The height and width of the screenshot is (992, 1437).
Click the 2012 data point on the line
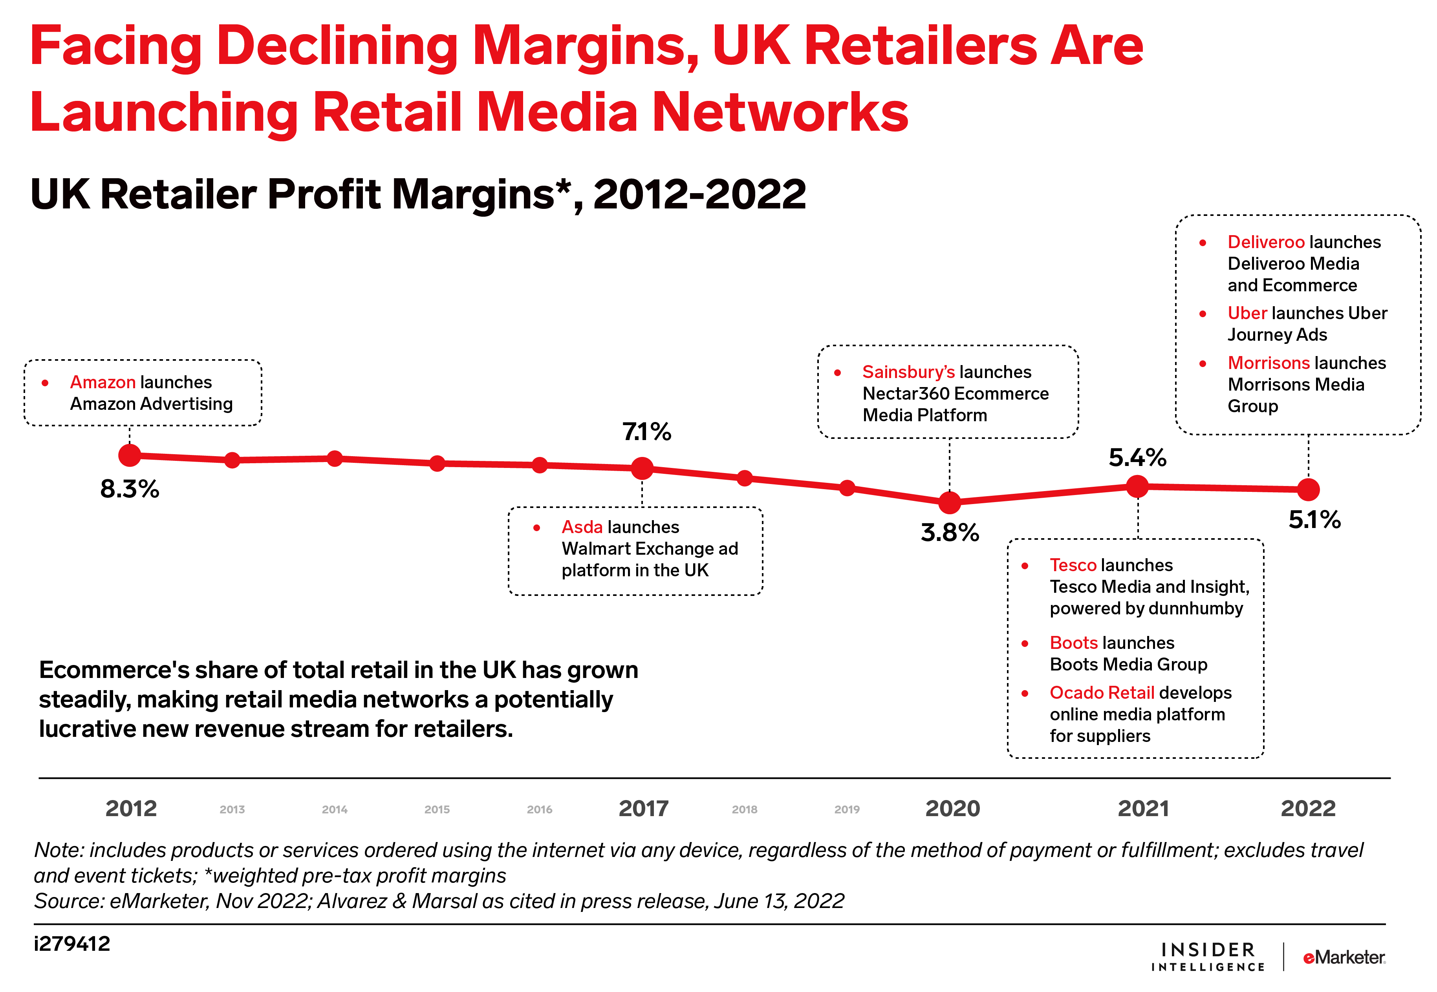(129, 456)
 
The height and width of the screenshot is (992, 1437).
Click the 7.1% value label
(647, 431)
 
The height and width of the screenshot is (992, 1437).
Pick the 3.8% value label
(950, 533)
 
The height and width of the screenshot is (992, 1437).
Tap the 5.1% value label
(1314, 520)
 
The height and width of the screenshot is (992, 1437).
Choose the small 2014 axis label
(335, 809)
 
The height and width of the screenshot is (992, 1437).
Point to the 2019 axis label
(847, 809)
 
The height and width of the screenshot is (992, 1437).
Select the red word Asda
(582, 527)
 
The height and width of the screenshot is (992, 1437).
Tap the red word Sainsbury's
(908, 372)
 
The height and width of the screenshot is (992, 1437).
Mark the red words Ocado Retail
(1101, 692)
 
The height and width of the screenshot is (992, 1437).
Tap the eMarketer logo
(1344, 957)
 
